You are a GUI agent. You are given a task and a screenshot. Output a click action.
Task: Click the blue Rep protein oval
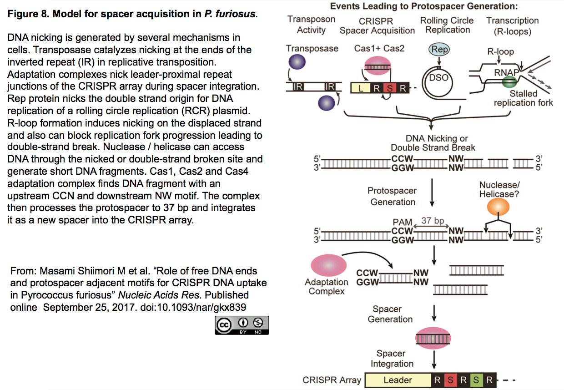click(x=439, y=50)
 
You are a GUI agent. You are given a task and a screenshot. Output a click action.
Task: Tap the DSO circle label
click(x=438, y=78)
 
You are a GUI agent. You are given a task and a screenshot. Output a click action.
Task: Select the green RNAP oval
click(x=509, y=82)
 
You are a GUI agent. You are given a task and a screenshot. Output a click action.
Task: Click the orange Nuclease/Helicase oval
click(x=498, y=207)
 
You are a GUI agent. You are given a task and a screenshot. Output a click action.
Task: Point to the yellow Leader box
click(x=398, y=380)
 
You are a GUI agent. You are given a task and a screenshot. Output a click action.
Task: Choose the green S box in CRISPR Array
click(x=476, y=380)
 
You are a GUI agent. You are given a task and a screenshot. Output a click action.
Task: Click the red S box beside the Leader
click(x=450, y=380)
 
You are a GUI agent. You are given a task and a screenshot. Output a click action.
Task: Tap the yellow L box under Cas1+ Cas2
click(x=361, y=88)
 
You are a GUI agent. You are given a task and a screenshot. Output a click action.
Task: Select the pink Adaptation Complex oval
click(x=328, y=265)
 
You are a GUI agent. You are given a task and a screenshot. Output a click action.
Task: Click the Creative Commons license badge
click(x=242, y=325)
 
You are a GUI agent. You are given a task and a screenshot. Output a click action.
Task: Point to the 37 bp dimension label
click(x=433, y=220)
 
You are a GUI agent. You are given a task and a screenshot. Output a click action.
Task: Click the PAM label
click(x=403, y=222)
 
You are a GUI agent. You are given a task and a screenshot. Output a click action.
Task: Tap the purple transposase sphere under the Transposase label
click(x=297, y=62)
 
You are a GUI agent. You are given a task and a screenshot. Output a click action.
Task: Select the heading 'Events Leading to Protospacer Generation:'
click(x=424, y=6)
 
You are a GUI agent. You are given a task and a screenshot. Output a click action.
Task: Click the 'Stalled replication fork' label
click(x=524, y=98)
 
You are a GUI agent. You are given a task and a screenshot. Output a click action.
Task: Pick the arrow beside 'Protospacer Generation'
click(x=432, y=192)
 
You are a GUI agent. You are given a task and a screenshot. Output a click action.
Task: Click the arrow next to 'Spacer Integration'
click(x=434, y=360)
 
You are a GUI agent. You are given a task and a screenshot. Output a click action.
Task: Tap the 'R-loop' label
click(x=500, y=51)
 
